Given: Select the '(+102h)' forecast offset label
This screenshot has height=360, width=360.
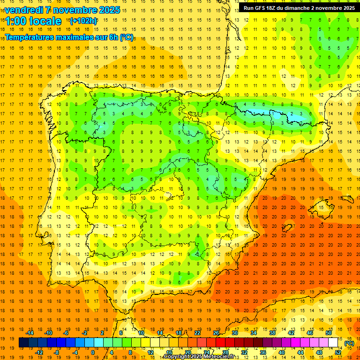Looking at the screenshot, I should [83, 21].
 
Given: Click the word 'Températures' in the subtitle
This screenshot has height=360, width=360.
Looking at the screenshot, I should [29, 37].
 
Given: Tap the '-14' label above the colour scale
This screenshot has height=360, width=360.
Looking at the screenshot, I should [30, 333].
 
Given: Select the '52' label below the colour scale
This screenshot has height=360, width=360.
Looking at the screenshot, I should [338, 352].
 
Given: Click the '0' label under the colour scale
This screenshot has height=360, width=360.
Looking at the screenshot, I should [93, 352].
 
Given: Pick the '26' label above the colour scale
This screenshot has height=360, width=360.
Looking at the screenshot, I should [216, 333].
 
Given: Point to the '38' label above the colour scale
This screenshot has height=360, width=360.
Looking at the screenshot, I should [272, 333].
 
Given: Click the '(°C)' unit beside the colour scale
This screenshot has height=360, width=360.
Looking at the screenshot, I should [349, 343].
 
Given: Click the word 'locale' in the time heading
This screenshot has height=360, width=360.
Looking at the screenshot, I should [45, 21].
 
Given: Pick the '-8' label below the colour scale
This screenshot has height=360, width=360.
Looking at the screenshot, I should [56, 352].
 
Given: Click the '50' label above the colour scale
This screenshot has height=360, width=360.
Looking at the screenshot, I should [329, 333].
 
